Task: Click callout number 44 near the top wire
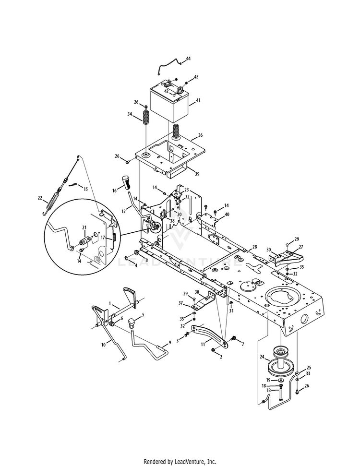click(x=188, y=58)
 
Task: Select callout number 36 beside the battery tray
click(x=200, y=135)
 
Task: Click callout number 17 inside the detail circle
click(x=103, y=237)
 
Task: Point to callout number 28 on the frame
click(x=254, y=246)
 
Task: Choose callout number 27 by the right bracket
click(x=300, y=247)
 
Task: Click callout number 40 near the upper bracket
click(x=227, y=214)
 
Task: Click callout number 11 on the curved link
click(x=203, y=345)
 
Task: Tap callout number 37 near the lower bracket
click(x=181, y=303)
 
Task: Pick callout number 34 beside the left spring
click(x=129, y=114)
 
